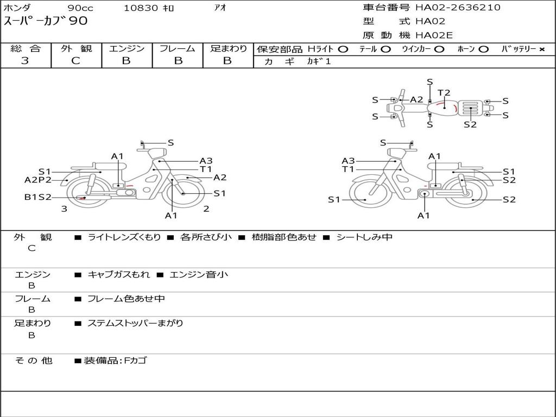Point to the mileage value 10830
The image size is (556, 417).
click(141, 8)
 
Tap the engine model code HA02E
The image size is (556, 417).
click(434, 36)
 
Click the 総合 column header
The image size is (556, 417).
click(26, 48)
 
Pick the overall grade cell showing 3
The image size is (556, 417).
click(25, 61)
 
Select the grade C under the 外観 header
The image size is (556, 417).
click(75, 61)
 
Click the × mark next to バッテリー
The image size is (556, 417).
click(542, 49)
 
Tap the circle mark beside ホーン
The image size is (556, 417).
click(483, 49)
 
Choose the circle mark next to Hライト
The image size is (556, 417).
click(343, 49)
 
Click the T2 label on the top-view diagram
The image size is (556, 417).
click(444, 93)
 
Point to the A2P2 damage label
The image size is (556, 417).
click(38, 180)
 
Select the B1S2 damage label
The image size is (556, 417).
click(37, 197)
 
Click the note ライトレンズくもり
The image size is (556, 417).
click(124, 237)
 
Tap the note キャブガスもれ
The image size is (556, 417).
click(119, 275)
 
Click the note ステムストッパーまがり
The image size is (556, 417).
click(135, 323)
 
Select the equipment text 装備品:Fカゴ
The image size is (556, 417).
click(115, 361)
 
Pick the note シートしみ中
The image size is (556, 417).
click(364, 237)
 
